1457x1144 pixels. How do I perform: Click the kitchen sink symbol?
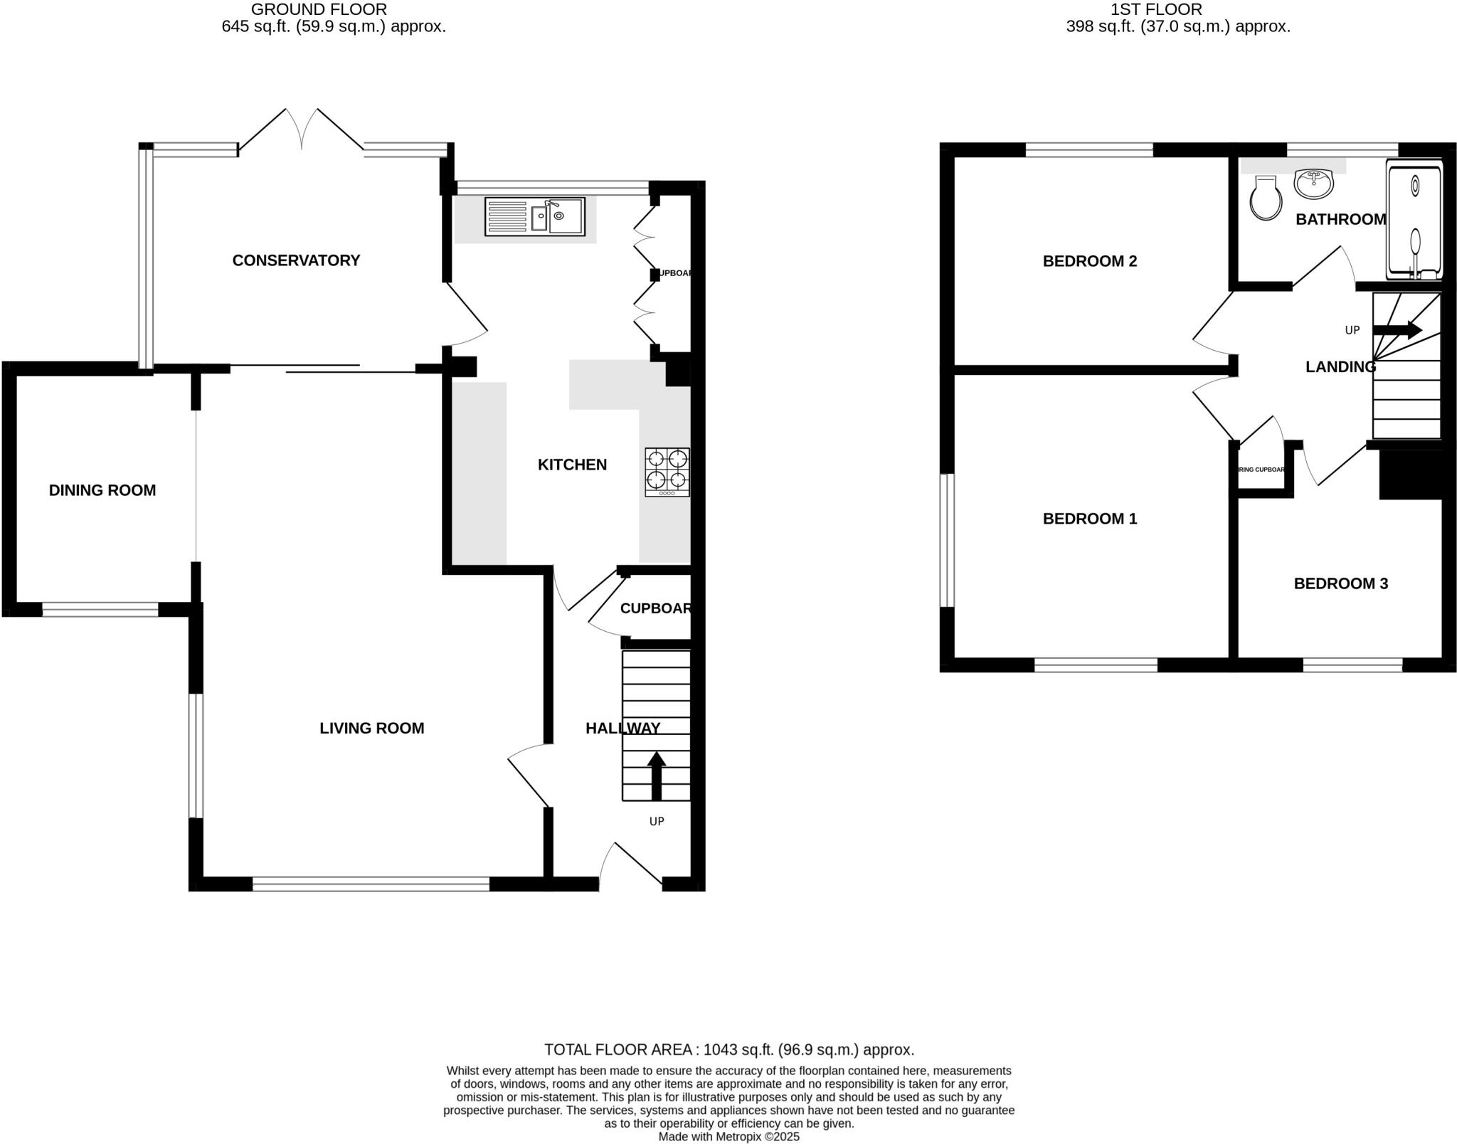(x=535, y=216)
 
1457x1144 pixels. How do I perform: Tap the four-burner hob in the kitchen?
(x=667, y=472)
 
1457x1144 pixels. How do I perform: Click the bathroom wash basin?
(x=1313, y=184)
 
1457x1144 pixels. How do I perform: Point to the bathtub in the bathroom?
(x=1414, y=220)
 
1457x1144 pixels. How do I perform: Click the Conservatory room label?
(x=296, y=260)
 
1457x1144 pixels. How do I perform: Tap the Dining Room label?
(x=102, y=490)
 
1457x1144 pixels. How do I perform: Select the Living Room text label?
(x=371, y=728)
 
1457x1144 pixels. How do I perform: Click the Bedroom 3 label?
(x=1340, y=583)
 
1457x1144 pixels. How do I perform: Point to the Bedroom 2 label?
(x=1089, y=261)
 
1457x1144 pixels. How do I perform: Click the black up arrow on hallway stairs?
(x=656, y=775)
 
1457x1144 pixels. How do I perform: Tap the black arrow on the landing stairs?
(x=1397, y=329)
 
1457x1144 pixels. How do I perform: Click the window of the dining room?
(x=100, y=610)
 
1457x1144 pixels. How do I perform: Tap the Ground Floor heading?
(x=319, y=9)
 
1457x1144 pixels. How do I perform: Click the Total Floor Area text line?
(x=728, y=1049)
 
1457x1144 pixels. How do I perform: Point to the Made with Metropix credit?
(x=728, y=1136)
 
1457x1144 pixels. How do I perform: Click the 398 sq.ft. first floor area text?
(x=1177, y=27)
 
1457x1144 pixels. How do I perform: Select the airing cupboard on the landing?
(x=1261, y=470)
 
